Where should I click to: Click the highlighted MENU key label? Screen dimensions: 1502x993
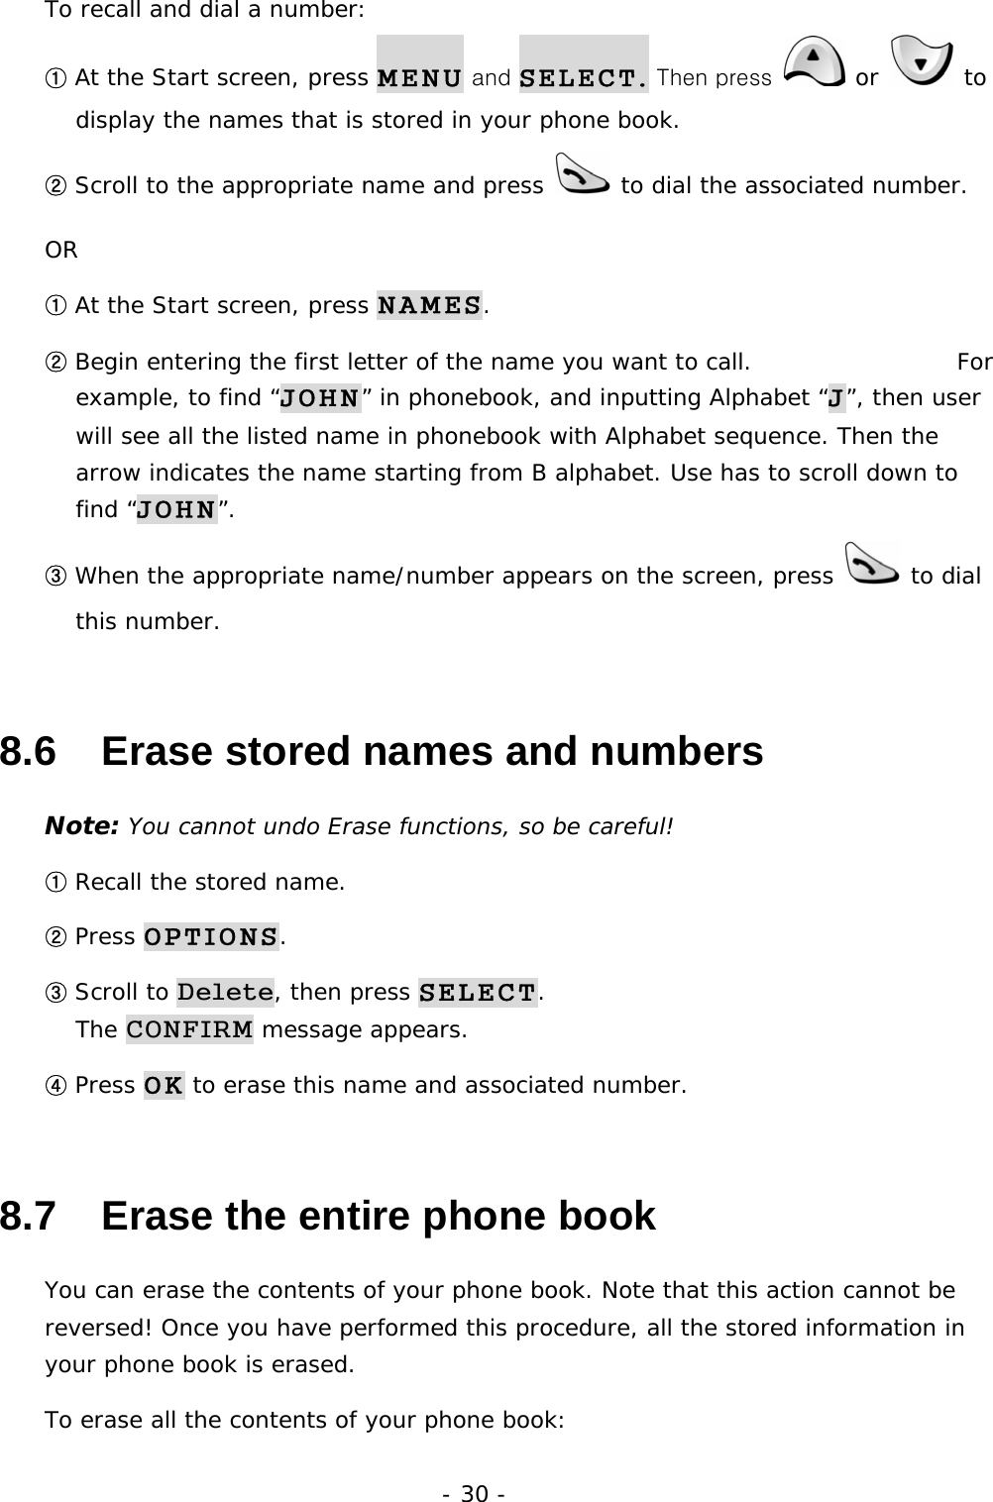[419, 76]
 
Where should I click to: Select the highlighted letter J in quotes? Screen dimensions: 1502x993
[835, 398]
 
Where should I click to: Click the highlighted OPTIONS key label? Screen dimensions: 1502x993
[211, 936]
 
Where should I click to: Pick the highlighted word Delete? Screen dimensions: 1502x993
[225, 992]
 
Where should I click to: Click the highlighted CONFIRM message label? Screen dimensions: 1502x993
[189, 1029]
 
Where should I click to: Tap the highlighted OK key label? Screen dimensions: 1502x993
[164, 1085]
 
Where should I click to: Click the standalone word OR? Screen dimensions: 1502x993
[61, 251]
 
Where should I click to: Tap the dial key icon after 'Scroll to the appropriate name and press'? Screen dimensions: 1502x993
[582, 171]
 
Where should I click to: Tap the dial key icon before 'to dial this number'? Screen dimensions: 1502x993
[872, 562]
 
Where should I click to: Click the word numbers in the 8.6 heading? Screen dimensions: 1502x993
[677, 752]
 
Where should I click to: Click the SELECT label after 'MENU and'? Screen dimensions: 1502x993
[584, 76]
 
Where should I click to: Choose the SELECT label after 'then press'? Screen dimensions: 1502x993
[478, 992]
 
